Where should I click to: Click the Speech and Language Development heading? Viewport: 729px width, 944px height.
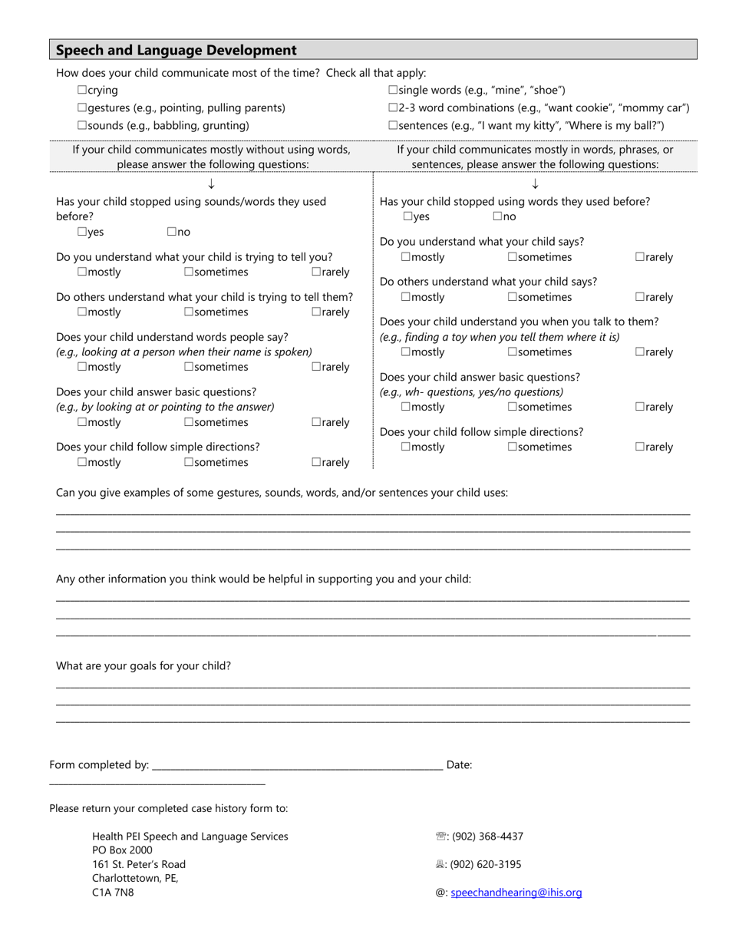coord(176,51)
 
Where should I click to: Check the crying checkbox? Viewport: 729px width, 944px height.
coord(82,91)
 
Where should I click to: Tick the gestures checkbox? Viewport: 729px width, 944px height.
coord(82,108)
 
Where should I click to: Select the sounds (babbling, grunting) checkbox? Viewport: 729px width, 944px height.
coord(82,126)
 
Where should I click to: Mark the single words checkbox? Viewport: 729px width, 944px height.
coord(393,91)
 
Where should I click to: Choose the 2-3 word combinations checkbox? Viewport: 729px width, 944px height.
coord(393,108)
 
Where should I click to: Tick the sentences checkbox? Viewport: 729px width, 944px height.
coord(393,126)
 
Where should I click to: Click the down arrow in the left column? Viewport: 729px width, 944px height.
coord(211,184)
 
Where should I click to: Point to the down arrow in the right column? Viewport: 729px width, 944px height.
coord(535,184)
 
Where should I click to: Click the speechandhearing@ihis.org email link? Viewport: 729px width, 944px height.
coord(516,893)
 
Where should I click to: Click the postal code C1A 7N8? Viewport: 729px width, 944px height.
coord(113,893)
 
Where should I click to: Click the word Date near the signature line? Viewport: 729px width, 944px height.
coord(459,765)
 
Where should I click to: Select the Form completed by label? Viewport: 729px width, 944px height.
coord(99,765)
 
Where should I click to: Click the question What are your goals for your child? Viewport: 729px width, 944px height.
coord(143,666)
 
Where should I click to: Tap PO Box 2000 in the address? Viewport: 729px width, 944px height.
coord(122,850)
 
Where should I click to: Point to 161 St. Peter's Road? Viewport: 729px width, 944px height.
coord(139,865)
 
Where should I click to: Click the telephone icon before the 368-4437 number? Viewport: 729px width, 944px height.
coord(440,837)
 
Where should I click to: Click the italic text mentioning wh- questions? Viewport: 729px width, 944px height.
coord(471,392)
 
